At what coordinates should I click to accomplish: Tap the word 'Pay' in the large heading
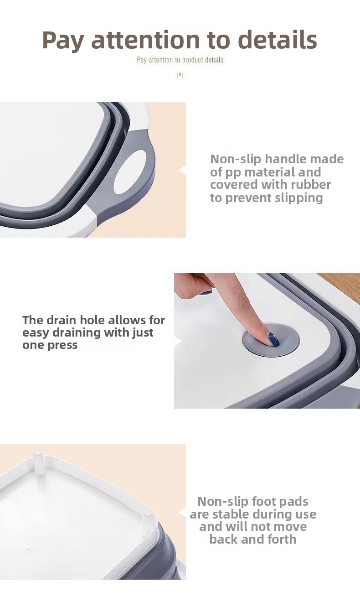coord(63,41)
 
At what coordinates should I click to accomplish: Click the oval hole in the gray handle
coord(130,172)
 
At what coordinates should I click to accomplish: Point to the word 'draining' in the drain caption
coord(77,333)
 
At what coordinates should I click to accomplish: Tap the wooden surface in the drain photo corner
coord(344,285)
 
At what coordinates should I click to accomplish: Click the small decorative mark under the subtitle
coord(180,75)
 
